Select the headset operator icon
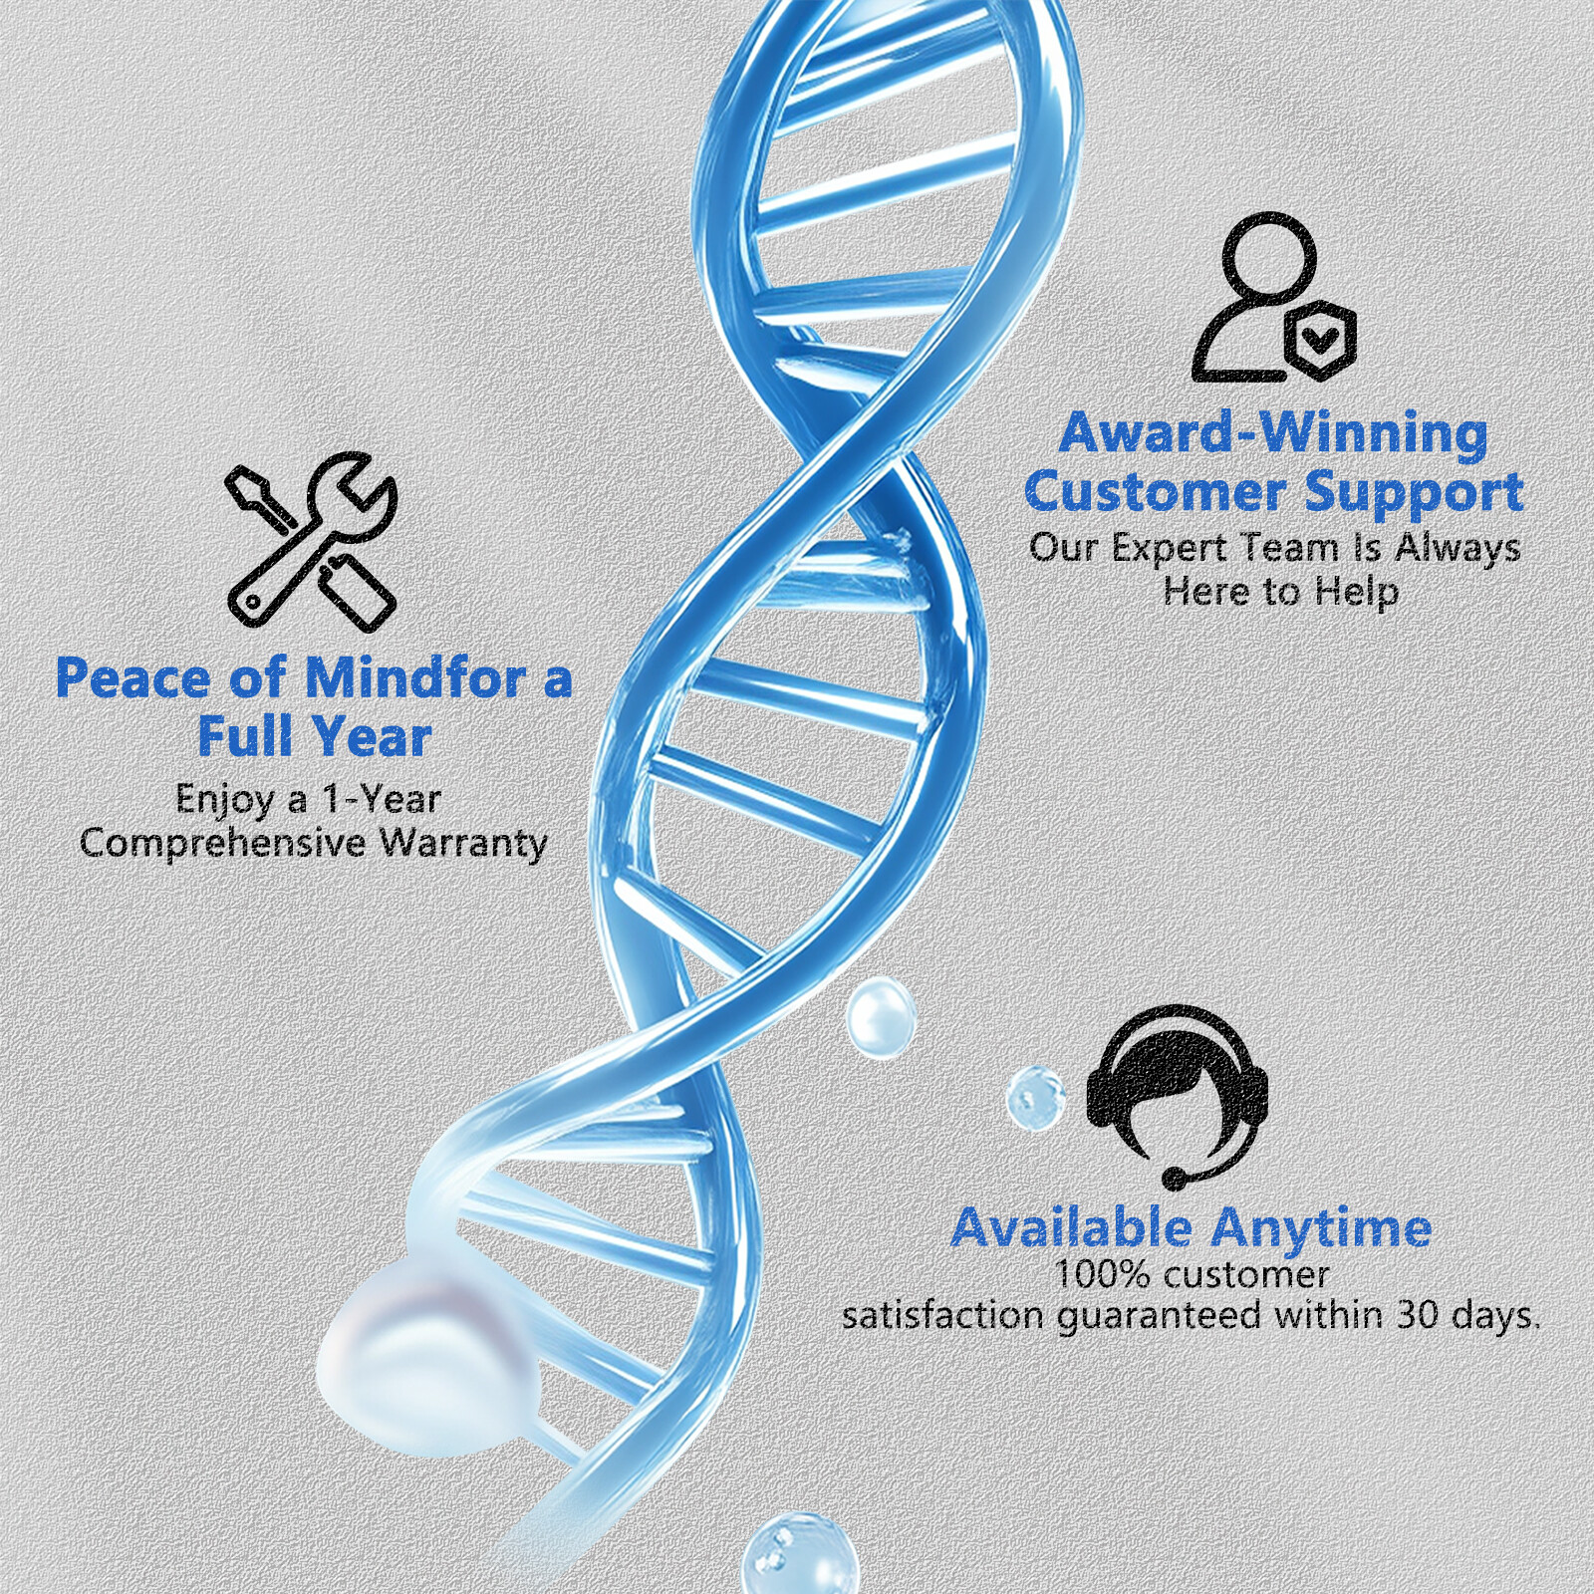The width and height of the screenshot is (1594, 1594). (1177, 1096)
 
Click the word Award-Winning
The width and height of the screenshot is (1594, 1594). (1273, 434)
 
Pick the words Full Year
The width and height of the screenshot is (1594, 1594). (315, 737)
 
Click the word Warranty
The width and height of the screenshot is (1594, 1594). (464, 844)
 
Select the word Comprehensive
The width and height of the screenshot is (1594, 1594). (223, 844)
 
